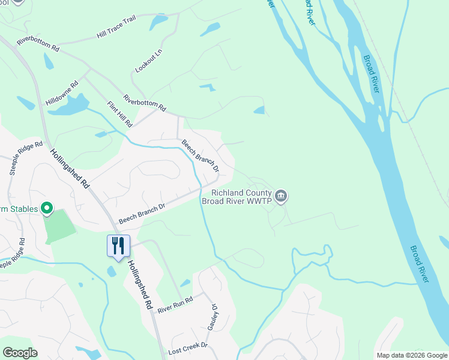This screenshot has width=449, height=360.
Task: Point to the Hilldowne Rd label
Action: pyautogui.click(x=62, y=93)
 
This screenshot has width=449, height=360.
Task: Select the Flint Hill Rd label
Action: pyautogui.click(x=119, y=114)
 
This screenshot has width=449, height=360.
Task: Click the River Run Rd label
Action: pyautogui.click(x=175, y=304)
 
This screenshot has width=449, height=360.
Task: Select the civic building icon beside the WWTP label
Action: pyautogui.click(x=281, y=196)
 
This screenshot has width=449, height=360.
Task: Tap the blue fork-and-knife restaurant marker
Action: pyautogui.click(x=118, y=246)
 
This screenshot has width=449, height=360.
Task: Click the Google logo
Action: pyautogui.click(x=20, y=353)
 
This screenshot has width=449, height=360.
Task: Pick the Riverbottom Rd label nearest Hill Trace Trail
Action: pyautogui.click(x=38, y=43)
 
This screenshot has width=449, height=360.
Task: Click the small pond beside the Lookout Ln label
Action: pyautogui.click(x=159, y=23)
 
